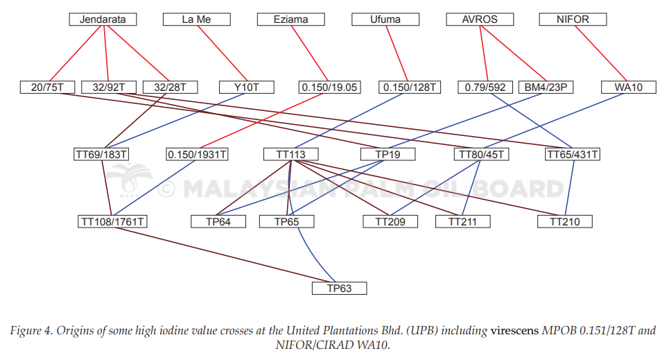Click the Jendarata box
[x=103, y=19]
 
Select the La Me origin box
[x=197, y=19]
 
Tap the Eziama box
[x=291, y=19]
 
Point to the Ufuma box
[x=385, y=19]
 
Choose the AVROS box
[x=480, y=19]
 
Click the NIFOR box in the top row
[x=573, y=19]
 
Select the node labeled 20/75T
[x=47, y=87]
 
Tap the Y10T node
[x=247, y=87]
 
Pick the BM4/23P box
[x=546, y=87]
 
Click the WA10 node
[x=629, y=87]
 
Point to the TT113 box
[x=291, y=154]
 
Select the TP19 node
[x=388, y=154]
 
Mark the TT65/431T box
[x=573, y=154]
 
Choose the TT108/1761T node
[x=112, y=222]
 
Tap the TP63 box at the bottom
[x=339, y=289]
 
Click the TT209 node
[x=390, y=222]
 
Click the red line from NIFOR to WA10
[x=601, y=53]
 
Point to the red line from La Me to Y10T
[x=223, y=53]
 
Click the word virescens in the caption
[x=514, y=331]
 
